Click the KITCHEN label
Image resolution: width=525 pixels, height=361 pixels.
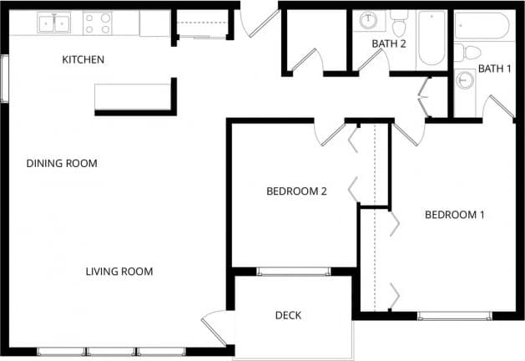(x=83, y=59)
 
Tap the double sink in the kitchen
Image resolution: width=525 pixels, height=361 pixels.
(x=56, y=23)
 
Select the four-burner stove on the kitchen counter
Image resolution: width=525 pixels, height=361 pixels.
(x=98, y=23)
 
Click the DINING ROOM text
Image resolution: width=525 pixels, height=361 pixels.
(x=62, y=163)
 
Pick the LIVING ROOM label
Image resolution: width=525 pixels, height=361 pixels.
(x=119, y=271)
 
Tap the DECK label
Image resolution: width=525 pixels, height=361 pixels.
(x=288, y=315)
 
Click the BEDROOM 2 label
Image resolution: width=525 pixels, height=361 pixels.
(x=296, y=191)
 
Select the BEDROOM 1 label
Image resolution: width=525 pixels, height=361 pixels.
(x=455, y=215)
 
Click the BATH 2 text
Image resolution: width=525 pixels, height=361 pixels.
(x=389, y=43)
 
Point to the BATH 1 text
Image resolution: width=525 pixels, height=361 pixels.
(x=494, y=69)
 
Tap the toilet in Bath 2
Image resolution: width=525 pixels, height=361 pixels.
(x=400, y=17)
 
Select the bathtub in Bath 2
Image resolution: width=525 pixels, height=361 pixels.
(x=432, y=38)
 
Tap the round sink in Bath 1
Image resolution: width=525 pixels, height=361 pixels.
(x=465, y=81)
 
